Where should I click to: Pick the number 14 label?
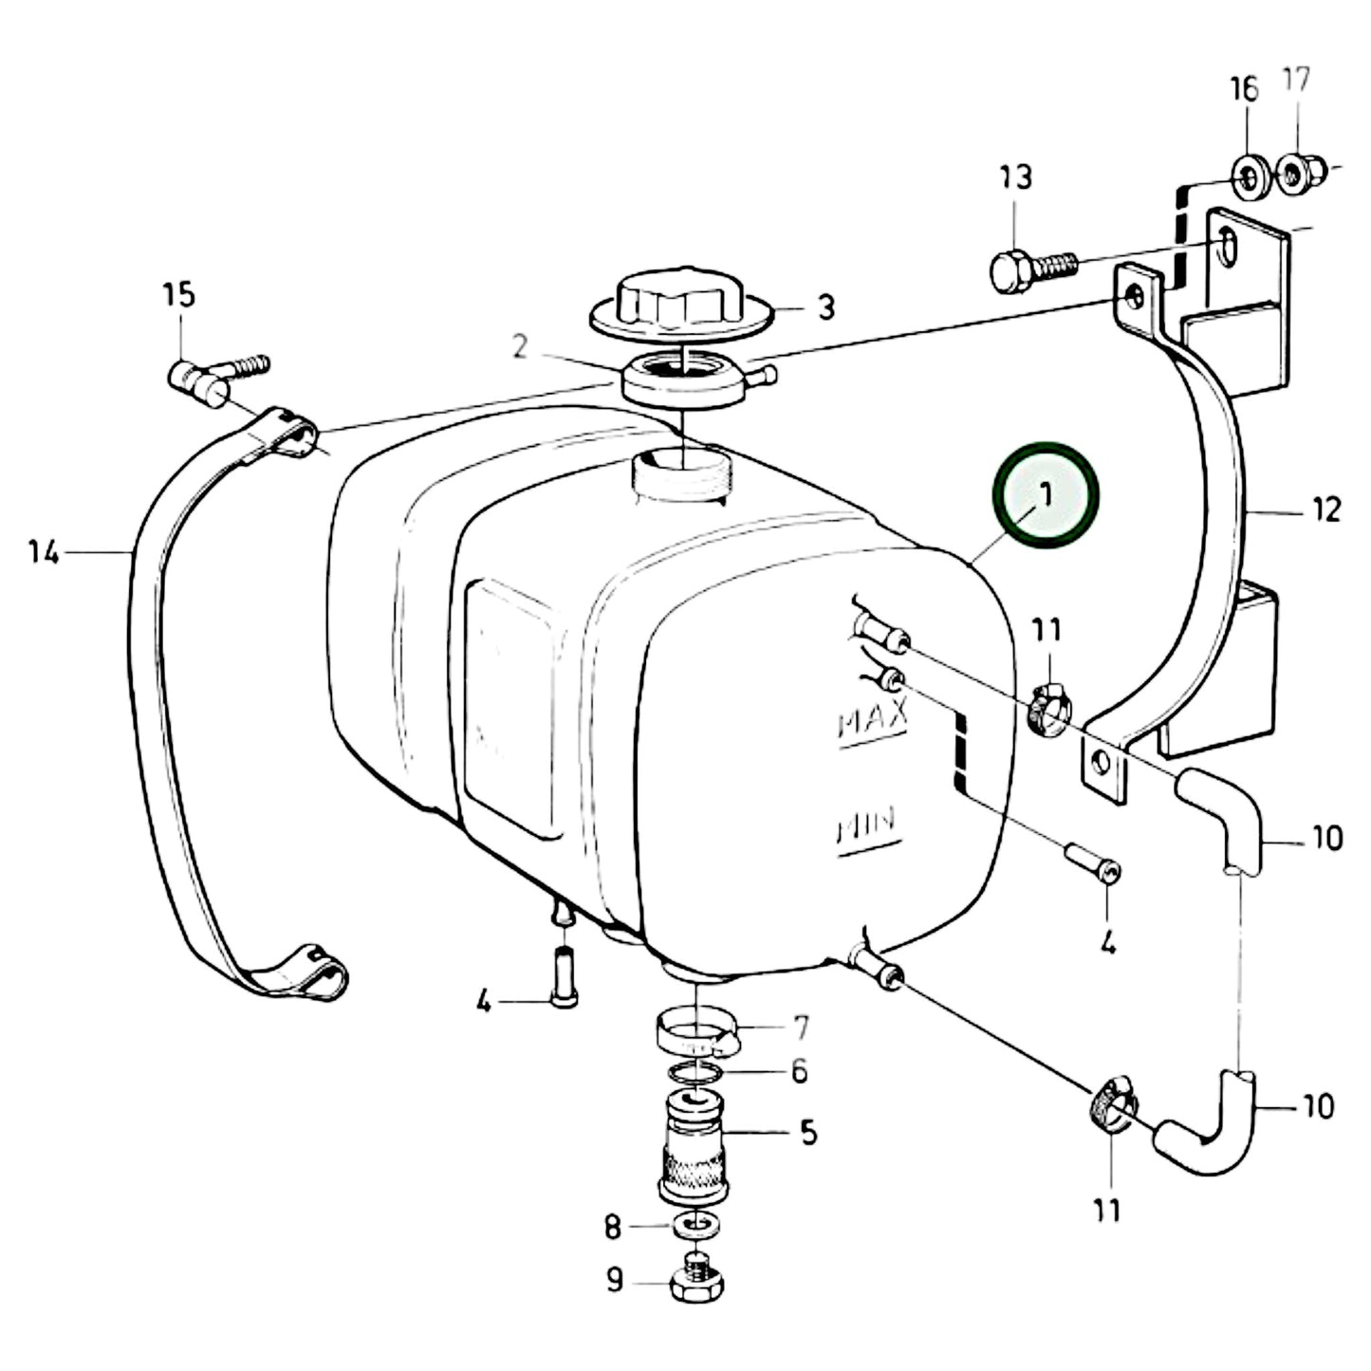43,551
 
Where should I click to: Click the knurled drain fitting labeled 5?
695,1148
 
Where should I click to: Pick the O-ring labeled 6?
695,1074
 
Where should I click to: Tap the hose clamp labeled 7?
697,1034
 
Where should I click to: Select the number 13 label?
1015,177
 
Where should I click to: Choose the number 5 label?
807,1132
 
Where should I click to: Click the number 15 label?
178,295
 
